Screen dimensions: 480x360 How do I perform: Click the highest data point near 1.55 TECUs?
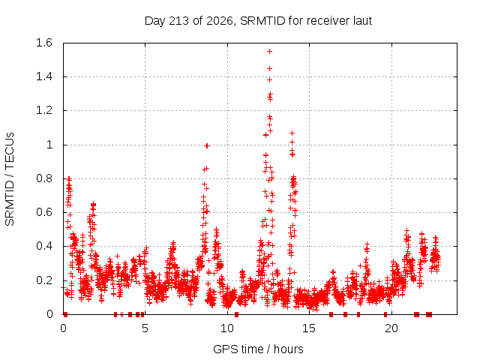(x=269, y=52)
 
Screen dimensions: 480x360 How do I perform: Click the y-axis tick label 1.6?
(x=44, y=43)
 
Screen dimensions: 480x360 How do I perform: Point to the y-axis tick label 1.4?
(x=44, y=76)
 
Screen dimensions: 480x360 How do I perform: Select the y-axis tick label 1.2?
(x=44, y=110)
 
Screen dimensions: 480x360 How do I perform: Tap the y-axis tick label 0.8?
(x=44, y=178)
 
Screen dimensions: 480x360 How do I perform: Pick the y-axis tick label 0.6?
(x=44, y=212)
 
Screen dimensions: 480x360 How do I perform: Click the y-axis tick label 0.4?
(x=44, y=246)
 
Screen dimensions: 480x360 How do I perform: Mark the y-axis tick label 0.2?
(x=44, y=280)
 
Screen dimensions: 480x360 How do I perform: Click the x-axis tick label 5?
(x=145, y=328)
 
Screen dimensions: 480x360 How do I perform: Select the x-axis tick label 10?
(x=227, y=328)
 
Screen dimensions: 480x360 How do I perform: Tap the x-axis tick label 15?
(x=309, y=328)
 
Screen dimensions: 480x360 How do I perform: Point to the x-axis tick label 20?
(x=391, y=328)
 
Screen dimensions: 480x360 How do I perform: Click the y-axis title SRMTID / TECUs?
(x=10, y=179)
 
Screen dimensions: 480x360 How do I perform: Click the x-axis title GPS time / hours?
(x=258, y=349)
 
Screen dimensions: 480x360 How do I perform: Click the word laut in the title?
(x=362, y=21)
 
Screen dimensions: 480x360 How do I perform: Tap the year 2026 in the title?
(x=220, y=21)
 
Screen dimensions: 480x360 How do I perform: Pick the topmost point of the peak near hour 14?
(x=292, y=133)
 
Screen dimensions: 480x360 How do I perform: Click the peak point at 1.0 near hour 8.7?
(x=207, y=146)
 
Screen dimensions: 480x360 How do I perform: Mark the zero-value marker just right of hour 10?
(x=237, y=314)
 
